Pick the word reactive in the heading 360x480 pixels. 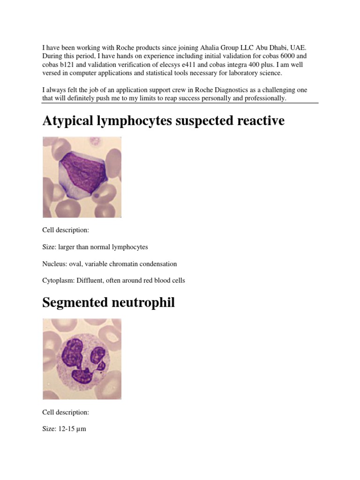coord(260,121)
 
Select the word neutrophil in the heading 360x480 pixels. coord(144,303)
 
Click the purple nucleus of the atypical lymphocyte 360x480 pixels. coord(80,173)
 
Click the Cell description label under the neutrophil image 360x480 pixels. coord(65,412)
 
